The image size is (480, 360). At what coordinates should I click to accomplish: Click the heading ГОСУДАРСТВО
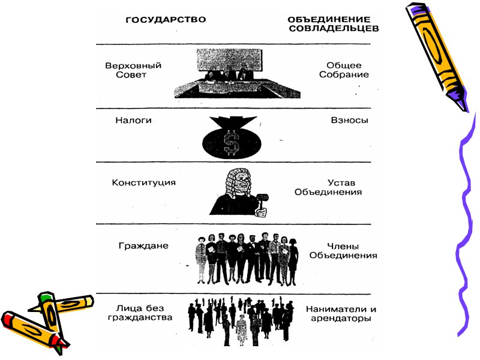[x=165, y=19]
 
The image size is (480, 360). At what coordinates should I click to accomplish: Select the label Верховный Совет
[x=133, y=70]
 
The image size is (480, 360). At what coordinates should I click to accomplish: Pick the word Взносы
[x=349, y=120]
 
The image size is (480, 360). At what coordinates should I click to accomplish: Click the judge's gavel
[x=262, y=201]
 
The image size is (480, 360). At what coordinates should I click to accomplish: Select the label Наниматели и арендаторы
[x=341, y=314]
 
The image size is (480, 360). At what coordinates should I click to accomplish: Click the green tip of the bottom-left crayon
[x=43, y=296]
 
